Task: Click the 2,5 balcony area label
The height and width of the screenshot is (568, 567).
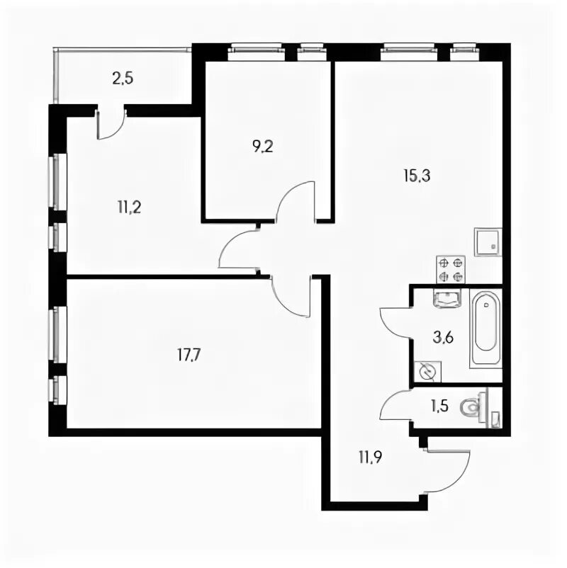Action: (x=123, y=79)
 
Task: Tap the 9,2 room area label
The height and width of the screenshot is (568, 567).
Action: (x=263, y=147)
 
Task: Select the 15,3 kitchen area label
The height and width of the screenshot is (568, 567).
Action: (x=417, y=176)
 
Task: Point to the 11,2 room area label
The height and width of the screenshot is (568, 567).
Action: (x=129, y=208)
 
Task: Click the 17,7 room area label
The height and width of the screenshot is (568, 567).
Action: (x=189, y=355)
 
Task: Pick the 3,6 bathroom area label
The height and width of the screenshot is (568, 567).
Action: (x=443, y=339)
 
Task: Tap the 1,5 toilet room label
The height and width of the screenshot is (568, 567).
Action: (x=439, y=407)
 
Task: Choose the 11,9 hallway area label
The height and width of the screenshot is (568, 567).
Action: (x=371, y=458)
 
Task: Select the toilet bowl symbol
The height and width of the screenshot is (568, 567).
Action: (x=473, y=408)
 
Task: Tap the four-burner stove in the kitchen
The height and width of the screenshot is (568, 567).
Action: (x=451, y=269)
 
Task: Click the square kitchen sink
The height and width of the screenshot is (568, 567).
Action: (x=488, y=242)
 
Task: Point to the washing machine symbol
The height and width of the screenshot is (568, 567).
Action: (x=428, y=371)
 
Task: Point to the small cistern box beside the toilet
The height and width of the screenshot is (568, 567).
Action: (x=496, y=419)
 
